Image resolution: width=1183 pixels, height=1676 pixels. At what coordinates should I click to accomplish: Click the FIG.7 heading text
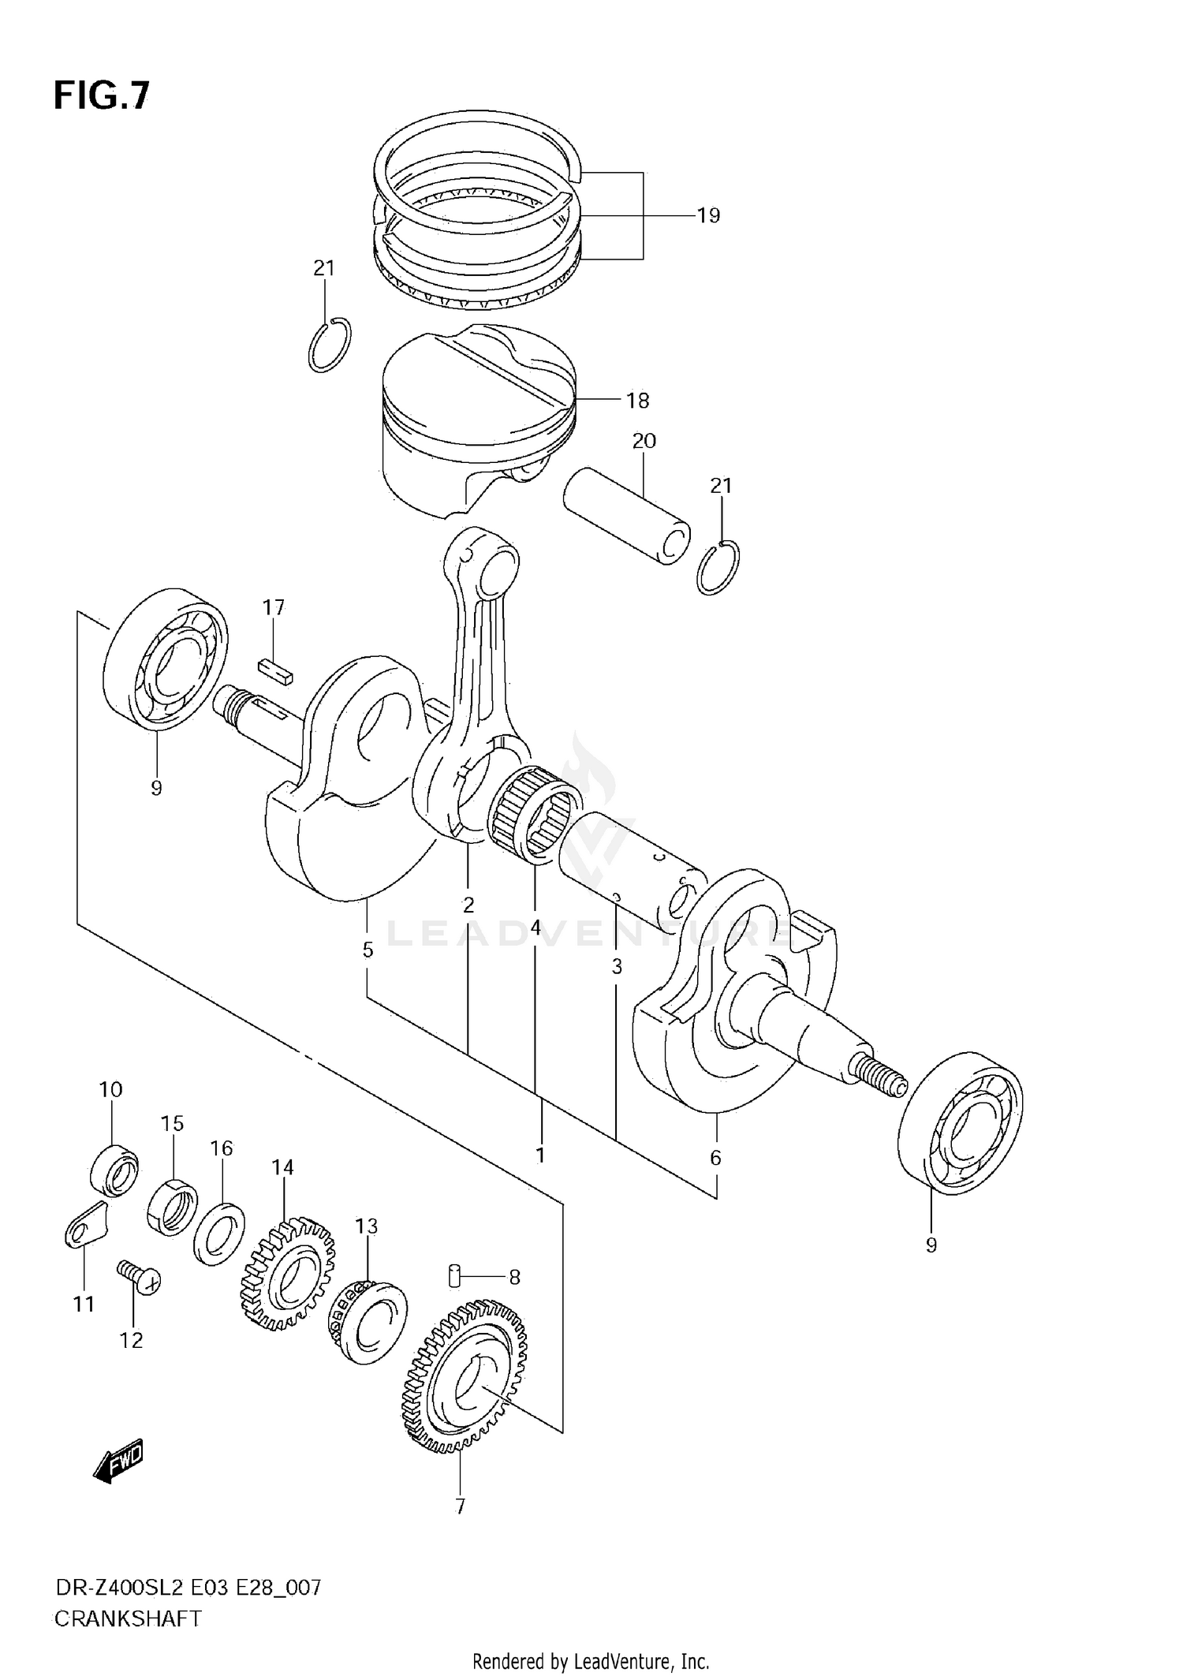click(101, 96)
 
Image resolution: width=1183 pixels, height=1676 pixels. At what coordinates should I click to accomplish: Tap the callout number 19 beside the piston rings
click(708, 215)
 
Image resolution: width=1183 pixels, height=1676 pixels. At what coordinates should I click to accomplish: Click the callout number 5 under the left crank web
click(368, 950)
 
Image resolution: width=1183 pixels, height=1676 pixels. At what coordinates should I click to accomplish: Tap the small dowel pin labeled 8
click(454, 1275)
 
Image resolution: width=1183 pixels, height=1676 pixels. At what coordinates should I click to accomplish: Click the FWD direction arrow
click(118, 1465)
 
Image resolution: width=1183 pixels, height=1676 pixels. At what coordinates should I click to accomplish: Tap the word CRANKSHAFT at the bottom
click(127, 1619)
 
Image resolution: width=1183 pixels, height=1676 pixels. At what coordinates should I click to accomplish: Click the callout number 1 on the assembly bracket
click(540, 1155)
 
